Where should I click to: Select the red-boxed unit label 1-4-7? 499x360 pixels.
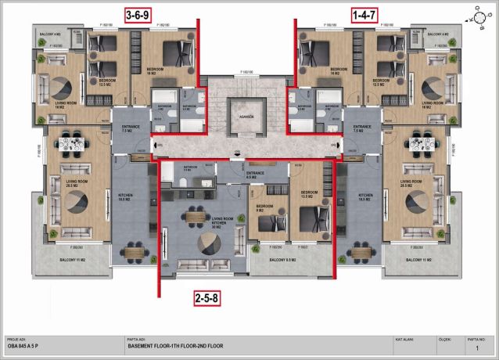(x=364, y=15)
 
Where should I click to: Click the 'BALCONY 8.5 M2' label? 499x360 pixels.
(x=283, y=259)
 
